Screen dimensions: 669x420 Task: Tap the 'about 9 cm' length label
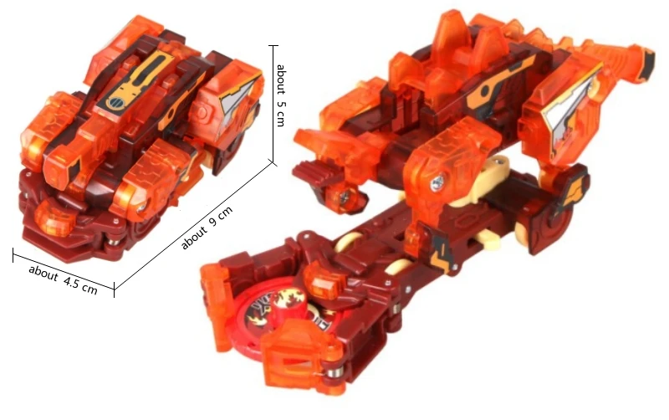[x=207, y=227]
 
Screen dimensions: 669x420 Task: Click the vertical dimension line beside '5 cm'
[x=273, y=104]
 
